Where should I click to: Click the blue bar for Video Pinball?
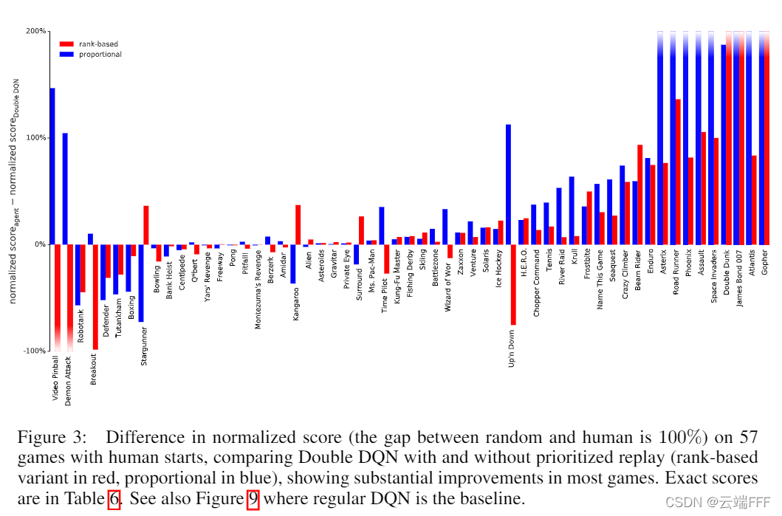point(52,166)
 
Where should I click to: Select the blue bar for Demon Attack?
point(65,189)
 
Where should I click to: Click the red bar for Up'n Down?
point(513,284)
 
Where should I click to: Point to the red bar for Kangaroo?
point(298,224)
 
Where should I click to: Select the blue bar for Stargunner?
point(141,283)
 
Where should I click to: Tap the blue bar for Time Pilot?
point(381,225)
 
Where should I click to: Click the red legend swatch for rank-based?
point(66,44)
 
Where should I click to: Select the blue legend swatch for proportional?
point(66,55)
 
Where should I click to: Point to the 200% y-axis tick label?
point(35,31)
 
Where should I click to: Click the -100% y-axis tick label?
point(34,351)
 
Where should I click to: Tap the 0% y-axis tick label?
point(39,244)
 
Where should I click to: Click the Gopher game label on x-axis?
point(765,261)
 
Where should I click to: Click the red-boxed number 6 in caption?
point(114,499)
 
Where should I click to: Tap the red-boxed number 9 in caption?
point(253,499)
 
